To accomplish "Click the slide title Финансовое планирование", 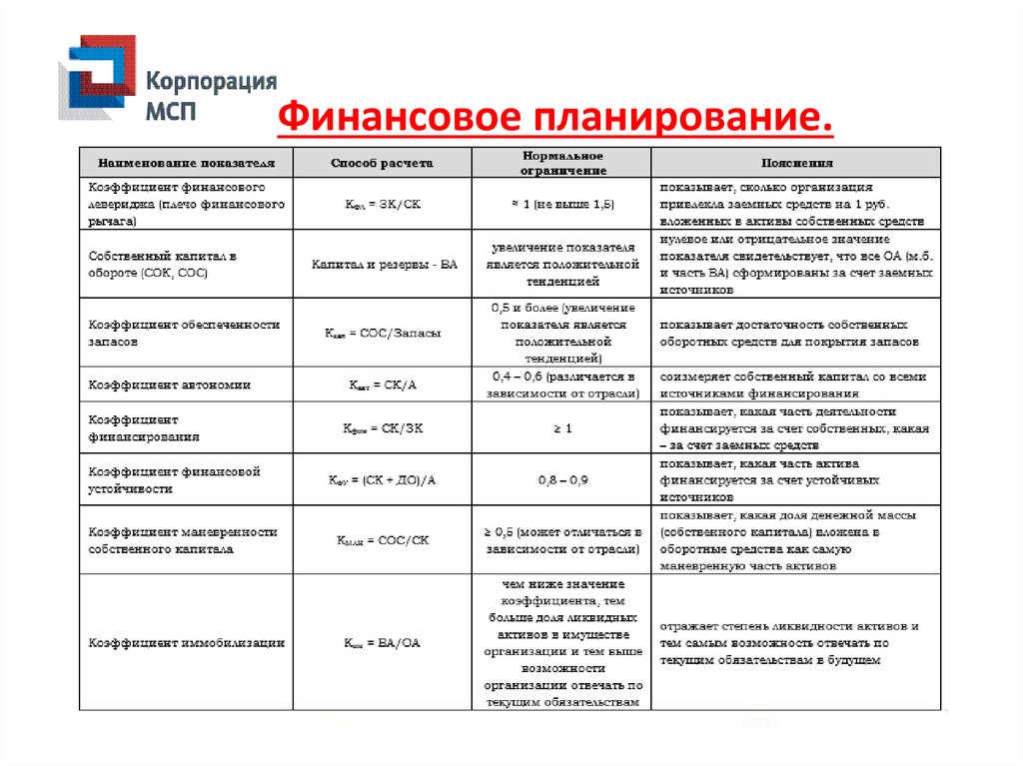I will coord(554,118).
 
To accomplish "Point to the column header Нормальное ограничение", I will coord(563,162).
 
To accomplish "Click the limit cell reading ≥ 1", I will coord(563,427).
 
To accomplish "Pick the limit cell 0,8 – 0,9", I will coord(563,480).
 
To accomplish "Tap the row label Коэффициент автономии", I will coord(170,384).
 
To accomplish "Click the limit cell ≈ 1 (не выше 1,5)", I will coord(563,204).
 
